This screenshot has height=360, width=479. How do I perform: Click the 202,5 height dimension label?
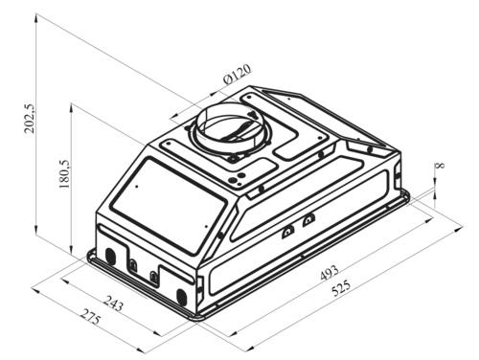point(30,118)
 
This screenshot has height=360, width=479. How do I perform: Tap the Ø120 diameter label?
point(237,75)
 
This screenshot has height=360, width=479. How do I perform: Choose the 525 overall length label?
point(341,288)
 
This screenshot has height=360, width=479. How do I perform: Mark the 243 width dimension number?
point(113,304)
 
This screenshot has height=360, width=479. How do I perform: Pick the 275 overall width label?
point(90,317)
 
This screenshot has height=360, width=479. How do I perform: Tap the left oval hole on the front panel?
point(110,256)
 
